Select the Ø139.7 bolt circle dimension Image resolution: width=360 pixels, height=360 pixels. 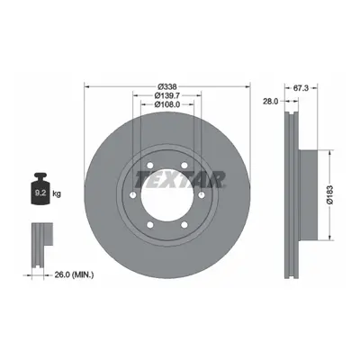167,95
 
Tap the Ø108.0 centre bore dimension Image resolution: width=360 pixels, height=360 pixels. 167,104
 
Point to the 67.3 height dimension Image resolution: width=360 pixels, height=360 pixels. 301,88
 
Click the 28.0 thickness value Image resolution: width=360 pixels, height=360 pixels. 271,102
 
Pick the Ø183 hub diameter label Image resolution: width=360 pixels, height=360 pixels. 330,195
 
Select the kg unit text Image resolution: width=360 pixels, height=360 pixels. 57,193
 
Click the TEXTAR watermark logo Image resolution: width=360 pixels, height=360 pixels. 180,179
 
